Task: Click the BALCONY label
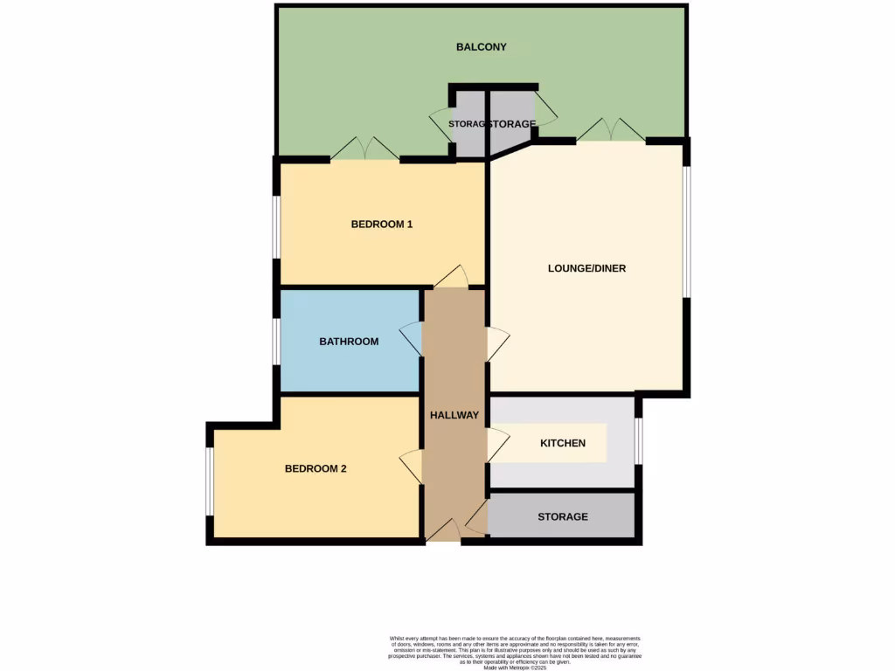(482, 47)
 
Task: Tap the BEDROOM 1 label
(382, 225)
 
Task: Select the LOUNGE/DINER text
(587, 268)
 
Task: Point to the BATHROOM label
(349, 342)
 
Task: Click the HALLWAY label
(454, 415)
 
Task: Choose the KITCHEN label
(563, 444)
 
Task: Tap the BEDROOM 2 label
(316, 469)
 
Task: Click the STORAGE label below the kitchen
(563, 517)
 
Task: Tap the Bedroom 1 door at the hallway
(451, 279)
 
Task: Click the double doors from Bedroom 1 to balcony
(364, 149)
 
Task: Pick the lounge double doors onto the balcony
(611, 130)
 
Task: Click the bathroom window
(276, 341)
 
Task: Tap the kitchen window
(639, 441)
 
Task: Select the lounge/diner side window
(687, 232)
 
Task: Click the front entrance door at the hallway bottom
(444, 530)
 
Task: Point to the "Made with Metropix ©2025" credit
(516, 668)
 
